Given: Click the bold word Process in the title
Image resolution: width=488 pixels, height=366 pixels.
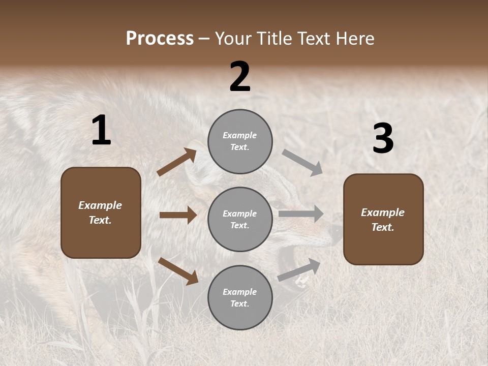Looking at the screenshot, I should [x=160, y=39].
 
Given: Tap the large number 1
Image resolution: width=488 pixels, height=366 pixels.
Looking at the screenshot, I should [x=101, y=131].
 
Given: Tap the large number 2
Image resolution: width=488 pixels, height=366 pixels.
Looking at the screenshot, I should [x=240, y=77].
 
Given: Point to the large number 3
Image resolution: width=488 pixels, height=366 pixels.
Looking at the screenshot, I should [x=383, y=139].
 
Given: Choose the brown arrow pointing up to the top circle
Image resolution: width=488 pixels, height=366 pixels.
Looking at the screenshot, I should [x=177, y=162].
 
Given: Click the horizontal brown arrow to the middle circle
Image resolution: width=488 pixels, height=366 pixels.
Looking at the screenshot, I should [x=178, y=215].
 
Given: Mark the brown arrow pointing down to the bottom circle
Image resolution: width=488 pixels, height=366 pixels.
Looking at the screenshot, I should [x=178, y=271].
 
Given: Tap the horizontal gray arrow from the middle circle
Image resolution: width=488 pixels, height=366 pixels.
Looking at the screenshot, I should [x=301, y=214].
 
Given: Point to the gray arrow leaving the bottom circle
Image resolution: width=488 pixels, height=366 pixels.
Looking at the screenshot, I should [x=299, y=270].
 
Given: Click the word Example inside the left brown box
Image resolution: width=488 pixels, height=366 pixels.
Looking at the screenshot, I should [x=100, y=205].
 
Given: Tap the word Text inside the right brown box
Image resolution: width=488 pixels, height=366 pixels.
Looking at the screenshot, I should [x=383, y=227].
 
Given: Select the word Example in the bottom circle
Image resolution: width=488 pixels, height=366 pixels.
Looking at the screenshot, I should [x=239, y=292].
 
